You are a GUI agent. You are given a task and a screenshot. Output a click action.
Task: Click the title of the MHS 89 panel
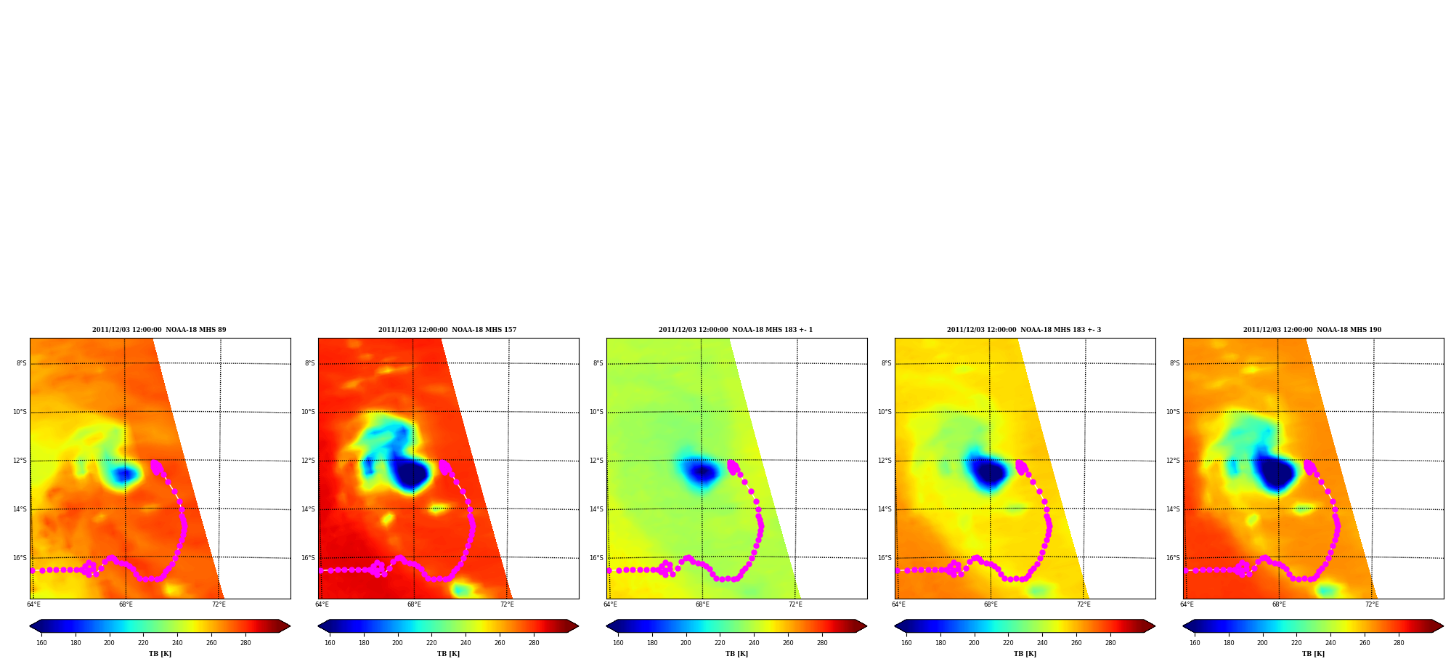[159, 330]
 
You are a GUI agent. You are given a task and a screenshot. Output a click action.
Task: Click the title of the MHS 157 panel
[447, 330]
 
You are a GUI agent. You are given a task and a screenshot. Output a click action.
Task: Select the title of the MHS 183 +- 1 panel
[736, 330]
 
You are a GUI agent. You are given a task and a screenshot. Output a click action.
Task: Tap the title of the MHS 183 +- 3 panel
[1024, 330]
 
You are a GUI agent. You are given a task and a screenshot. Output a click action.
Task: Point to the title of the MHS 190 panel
[1312, 330]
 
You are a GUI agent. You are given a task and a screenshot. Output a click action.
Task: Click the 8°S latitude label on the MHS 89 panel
[22, 363]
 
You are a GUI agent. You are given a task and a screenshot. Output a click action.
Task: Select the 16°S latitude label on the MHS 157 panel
[308, 558]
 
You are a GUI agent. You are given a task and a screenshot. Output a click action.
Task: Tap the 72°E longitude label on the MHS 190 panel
[1372, 604]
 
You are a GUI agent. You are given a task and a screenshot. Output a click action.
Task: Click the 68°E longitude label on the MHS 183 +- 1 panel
[702, 604]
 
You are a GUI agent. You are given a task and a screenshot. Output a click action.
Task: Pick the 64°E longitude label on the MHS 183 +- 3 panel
[898, 604]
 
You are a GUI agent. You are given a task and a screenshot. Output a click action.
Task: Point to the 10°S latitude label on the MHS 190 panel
[1173, 412]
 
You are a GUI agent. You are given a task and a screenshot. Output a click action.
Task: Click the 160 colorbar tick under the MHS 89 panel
[41, 643]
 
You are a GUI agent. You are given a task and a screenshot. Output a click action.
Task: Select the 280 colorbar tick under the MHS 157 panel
[534, 643]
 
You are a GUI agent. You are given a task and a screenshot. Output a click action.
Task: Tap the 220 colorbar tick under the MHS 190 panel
[1296, 643]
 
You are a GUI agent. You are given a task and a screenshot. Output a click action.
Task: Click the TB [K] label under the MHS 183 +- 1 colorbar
[736, 654]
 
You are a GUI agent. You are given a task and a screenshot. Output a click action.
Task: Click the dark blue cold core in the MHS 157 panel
[410, 473]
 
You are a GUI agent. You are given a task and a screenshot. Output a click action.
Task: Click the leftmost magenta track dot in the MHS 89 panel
[32, 570]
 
